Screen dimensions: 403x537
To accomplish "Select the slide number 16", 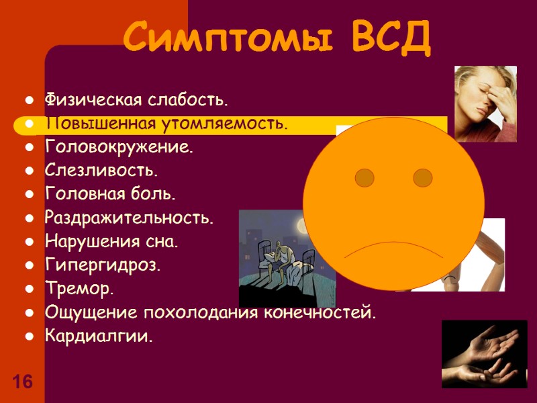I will [21, 383].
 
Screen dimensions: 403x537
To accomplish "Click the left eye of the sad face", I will [364, 177].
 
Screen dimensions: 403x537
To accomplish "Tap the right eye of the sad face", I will [422, 177].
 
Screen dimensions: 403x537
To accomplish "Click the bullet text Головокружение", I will [118, 147].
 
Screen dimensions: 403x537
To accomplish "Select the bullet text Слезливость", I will [101, 171].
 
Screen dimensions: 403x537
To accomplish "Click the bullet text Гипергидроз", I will [103, 265].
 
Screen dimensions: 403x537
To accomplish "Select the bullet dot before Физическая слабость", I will [30, 101].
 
